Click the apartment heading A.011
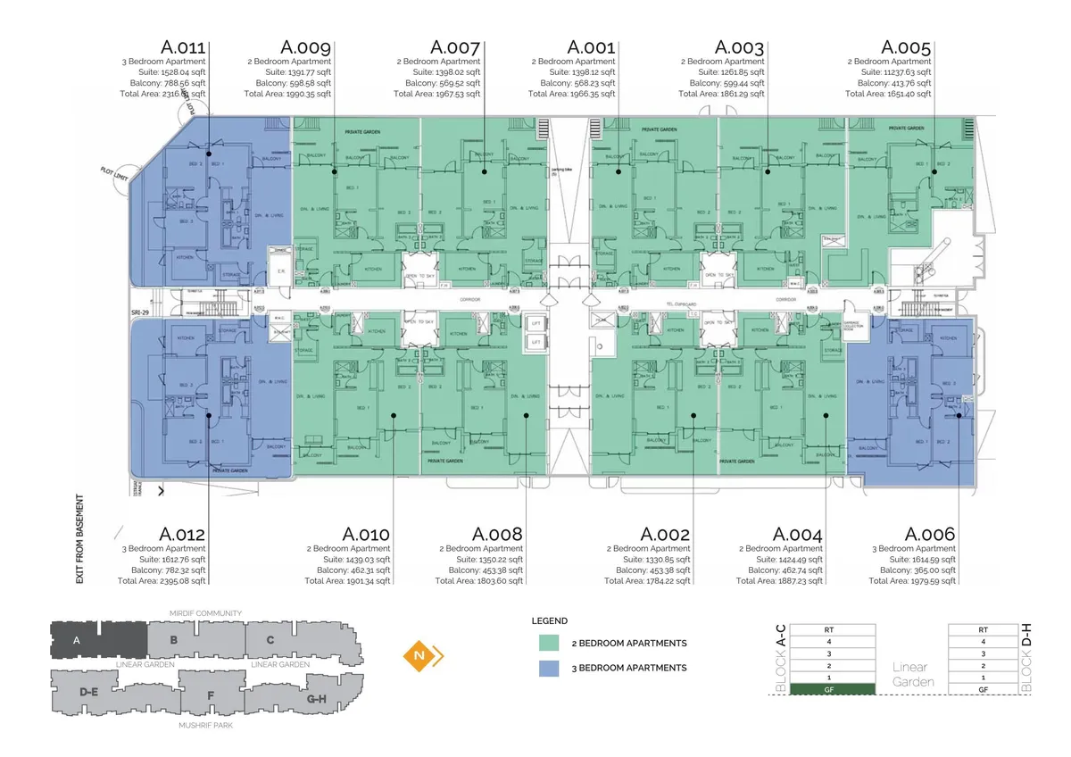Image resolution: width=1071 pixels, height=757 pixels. [183, 47]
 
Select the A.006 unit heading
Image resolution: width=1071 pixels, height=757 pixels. [929, 534]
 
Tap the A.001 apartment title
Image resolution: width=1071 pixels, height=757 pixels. [591, 47]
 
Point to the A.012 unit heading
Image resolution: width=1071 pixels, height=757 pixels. [182, 534]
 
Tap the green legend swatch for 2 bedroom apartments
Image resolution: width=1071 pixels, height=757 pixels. [550, 643]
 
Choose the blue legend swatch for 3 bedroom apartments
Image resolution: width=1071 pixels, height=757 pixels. [550, 668]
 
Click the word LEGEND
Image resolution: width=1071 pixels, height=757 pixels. [549, 620]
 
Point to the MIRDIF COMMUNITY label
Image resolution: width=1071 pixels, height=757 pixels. [205, 613]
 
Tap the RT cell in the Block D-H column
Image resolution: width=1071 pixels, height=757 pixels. [983, 629]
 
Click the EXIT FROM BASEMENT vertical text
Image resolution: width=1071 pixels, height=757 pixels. [79, 539]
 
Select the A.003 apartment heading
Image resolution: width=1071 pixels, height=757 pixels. [740, 47]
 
